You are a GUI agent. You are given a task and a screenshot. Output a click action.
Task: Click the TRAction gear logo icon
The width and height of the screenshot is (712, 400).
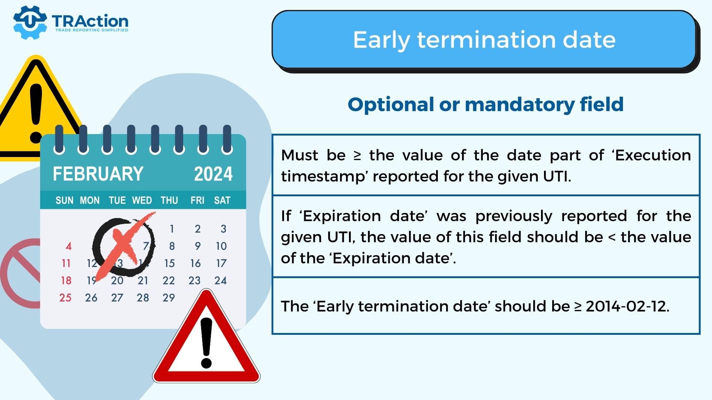point(30,22)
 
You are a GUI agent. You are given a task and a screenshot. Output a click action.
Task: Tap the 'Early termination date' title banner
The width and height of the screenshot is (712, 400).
point(484,40)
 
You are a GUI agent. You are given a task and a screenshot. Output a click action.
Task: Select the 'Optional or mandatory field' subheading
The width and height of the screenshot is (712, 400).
point(485,104)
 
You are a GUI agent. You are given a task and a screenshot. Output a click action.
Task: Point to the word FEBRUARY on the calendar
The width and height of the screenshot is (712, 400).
point(98,174)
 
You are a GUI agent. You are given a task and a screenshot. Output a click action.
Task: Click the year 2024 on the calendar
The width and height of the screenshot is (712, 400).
point(213,174)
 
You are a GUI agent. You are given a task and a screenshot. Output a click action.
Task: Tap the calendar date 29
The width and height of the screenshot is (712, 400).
point(169,297)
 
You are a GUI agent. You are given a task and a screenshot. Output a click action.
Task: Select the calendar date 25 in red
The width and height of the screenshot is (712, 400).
point(66,297)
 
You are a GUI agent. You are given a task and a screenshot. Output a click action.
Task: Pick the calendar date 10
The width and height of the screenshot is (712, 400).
point(221,246)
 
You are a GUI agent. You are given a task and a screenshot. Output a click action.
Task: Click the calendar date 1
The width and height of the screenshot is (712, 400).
point(172,229)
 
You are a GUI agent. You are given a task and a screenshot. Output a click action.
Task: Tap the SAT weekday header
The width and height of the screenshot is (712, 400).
point(222,200)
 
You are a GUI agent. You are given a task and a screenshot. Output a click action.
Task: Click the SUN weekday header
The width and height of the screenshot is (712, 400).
point(65,200)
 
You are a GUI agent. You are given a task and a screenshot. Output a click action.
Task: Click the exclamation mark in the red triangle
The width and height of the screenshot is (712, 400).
point(206,343)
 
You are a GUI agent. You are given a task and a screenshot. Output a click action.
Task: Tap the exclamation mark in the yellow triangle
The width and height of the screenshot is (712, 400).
point(36,113)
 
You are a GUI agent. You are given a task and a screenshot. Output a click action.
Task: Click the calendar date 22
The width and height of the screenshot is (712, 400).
point(169,280)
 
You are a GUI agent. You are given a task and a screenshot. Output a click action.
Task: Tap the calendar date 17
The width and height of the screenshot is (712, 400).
point(221,263)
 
